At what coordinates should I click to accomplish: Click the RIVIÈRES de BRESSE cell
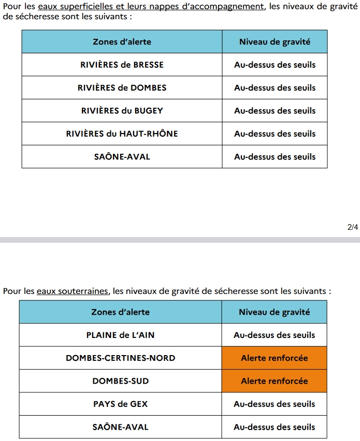click(x=122, y=65)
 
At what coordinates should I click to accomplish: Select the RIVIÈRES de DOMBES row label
click(x=122, y=87)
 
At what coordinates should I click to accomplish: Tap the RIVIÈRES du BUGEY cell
click(x=122, y=110)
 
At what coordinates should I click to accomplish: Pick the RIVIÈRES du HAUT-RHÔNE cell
click(x=122, y=134)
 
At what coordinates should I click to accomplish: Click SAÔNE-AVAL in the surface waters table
click(x=122, y=156)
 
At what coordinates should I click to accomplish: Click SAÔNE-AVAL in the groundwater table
click(x=120, y=427)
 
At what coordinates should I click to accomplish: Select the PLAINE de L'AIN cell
click(x=120, y=335)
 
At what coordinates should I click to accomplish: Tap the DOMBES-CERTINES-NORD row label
click(x=120, y=358)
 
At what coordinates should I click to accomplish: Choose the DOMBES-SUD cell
click(x=120, y=381)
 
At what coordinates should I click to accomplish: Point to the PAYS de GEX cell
click(x=120, y=404)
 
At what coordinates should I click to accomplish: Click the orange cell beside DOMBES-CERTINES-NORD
click(x=274, y=358)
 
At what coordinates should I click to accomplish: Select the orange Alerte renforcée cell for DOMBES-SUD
click(x=274, y=381)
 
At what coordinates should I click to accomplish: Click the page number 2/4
click(x=352, y=227)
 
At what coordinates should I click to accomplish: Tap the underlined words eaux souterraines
click(x=73, y=291)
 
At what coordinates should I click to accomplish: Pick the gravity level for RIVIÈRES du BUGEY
click(x=275, y=110)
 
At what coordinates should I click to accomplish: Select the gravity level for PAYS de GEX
click(x=274, y=404)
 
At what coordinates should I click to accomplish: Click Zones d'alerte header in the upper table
click(x=122, y=41)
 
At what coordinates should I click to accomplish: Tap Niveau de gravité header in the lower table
click(x=274, y=312)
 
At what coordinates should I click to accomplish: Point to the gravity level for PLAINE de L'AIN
click(x=274, y=335)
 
